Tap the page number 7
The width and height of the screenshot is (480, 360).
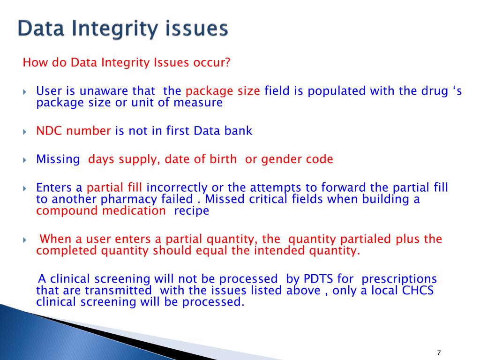[x=439, y=353]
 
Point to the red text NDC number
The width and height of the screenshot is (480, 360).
[x=74, y=131]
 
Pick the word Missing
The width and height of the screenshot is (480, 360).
[x=58, y=159]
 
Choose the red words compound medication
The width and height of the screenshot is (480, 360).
[x=101, y=210]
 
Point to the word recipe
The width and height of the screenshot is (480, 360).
[x=191, y=210]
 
